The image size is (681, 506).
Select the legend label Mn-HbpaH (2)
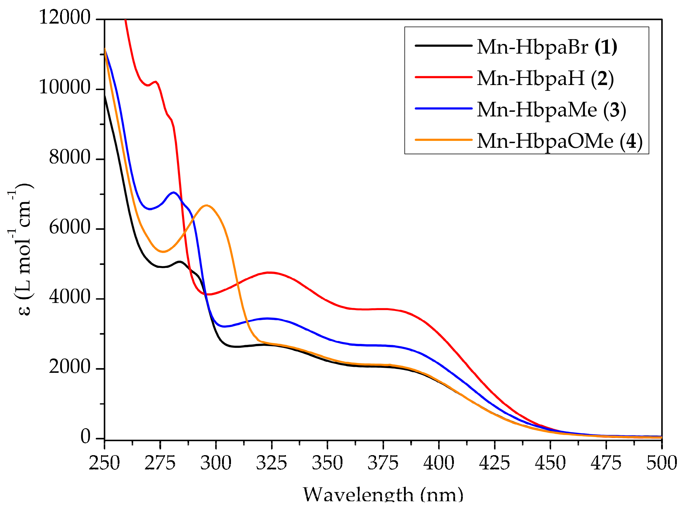pyautogui.click(x=545, y=78)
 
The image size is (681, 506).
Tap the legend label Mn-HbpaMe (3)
pyautogui.click(x=551, y=110)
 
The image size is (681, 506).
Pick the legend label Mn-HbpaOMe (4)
pyautogui.click(x=559, y=141)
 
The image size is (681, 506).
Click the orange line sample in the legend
pyautogui.click(x=443, y=140)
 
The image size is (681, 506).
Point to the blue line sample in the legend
pyautogui.click(x=443, y=108)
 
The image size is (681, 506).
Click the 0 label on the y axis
pyautogui.click(x=85, y=436)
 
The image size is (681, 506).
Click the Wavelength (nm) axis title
pyautogui.click(x=383, y=495)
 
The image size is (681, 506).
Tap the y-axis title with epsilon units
pyautogui.click(x=21, y=250)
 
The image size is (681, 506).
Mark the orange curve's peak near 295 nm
pyautogui.click(x=207, y=205)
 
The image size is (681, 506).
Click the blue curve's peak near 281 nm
pyautogui.click(x=174, y=192)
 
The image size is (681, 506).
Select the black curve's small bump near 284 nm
pyautogui.click(x=180, y=262)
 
